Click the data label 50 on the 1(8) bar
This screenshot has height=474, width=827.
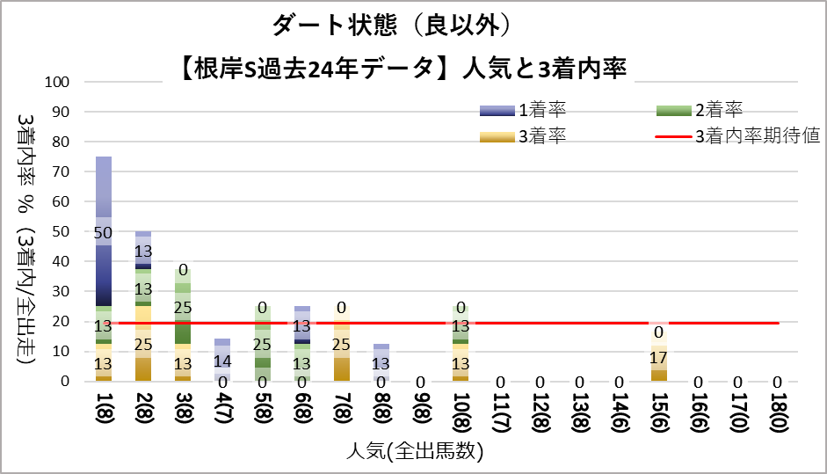104,231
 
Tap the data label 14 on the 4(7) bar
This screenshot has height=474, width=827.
222,360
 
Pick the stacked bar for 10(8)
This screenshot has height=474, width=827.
460,343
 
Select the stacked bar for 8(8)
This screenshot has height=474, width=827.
381,362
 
